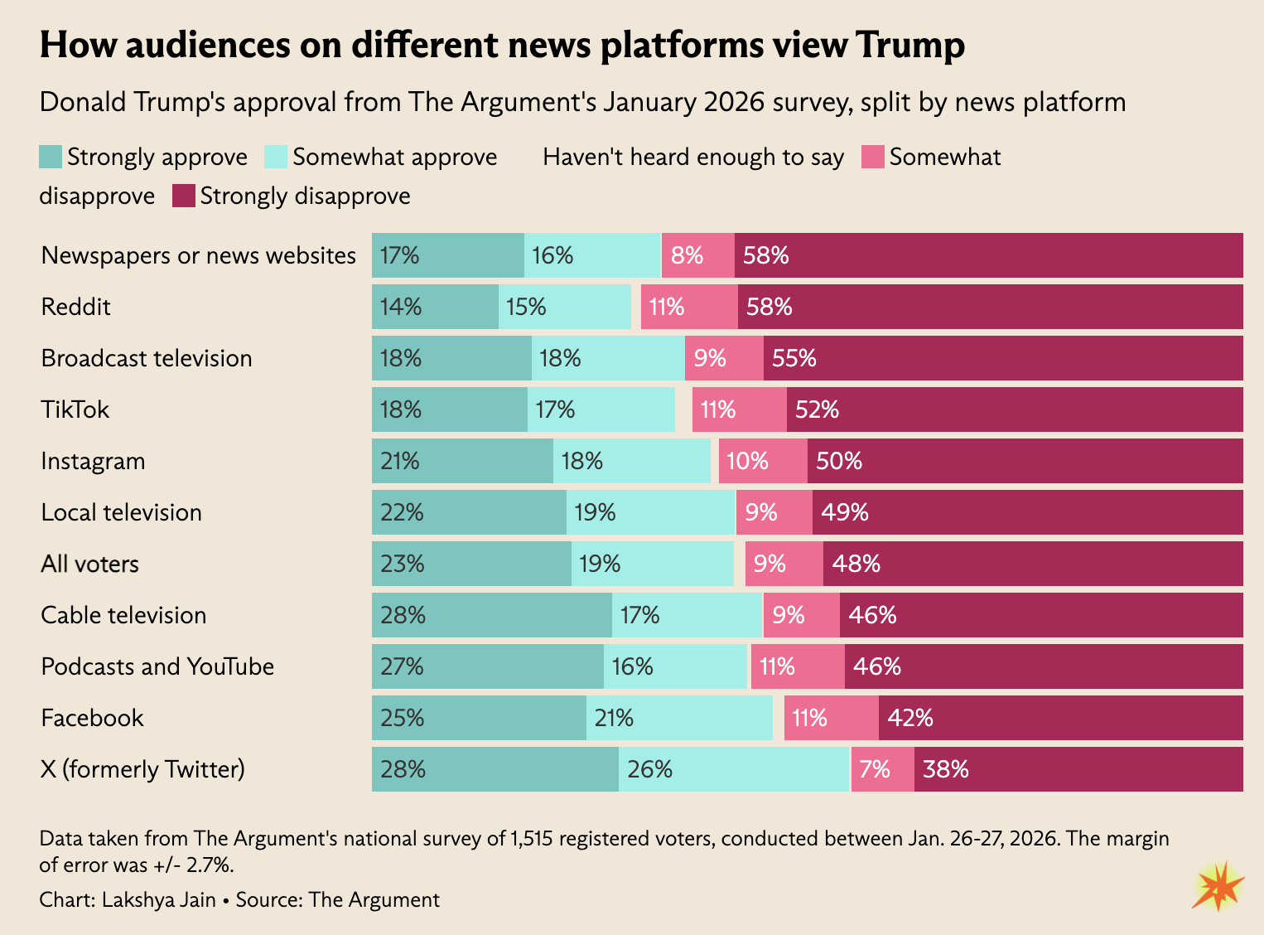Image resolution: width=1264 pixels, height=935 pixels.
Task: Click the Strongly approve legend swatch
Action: coord(51,157)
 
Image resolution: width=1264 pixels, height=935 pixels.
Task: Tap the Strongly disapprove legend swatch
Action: coord(184,196)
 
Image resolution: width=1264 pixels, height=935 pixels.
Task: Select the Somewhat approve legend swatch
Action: coord(276,157)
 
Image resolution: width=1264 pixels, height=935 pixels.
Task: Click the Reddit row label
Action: coord(75,307)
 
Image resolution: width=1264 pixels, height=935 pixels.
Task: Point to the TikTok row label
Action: coord(75,409)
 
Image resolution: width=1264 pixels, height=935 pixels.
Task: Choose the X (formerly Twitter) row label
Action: coord(142,769)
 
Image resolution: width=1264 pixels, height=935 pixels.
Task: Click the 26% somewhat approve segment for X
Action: coord(734,769)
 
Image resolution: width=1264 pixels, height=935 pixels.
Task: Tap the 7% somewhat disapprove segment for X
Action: coord(883,769)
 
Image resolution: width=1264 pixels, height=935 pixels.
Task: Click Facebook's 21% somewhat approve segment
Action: coord(679,718)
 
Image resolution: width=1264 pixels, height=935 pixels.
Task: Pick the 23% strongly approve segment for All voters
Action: coord(471,564)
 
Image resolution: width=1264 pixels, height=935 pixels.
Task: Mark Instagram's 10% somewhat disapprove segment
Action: coord(763,461)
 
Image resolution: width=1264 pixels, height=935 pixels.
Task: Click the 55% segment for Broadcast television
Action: coord(1003,358)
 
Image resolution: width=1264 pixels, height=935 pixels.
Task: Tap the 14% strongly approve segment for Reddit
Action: coord(435,307)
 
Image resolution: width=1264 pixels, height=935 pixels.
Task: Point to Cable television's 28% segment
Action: coord(491,615)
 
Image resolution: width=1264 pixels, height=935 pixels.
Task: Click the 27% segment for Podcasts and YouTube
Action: coord(487,666)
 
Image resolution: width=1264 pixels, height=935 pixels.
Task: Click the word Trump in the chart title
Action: coord(910,45)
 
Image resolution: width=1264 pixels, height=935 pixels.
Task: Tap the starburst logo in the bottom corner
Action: coord(1218,886)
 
